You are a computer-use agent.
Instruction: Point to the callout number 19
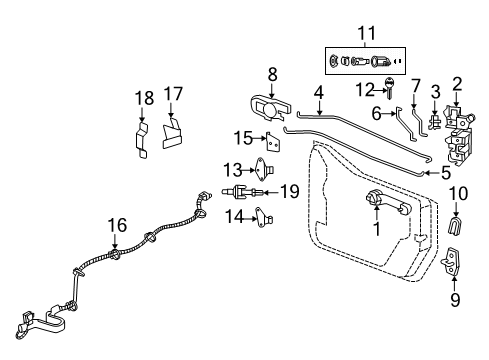[x=290, y=191]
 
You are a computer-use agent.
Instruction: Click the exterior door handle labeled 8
[x=266, y=107]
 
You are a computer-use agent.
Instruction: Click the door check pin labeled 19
[x=245, y=191]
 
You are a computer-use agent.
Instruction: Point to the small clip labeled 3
[x=435, y=124]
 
